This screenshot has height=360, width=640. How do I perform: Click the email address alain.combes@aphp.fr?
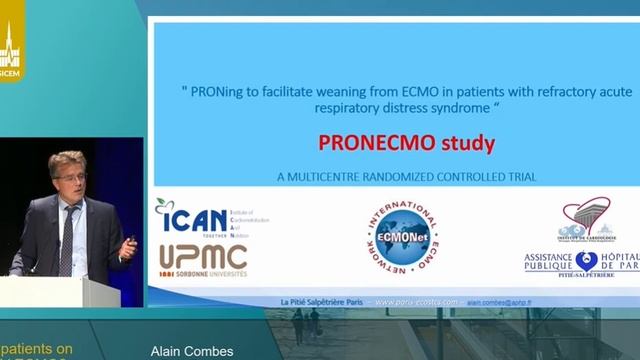tap(500, 301)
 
